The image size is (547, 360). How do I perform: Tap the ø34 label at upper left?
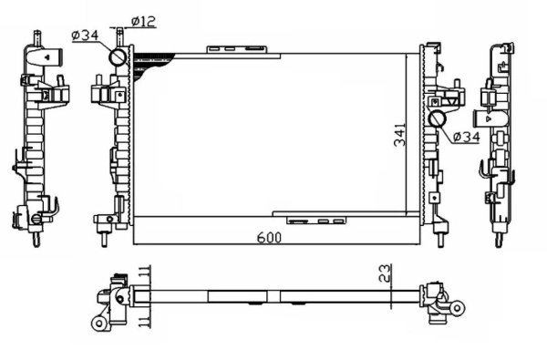tap(85, 36)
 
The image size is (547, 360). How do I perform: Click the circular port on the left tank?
tap(119, 57)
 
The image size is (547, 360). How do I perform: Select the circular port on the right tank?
tap(439, 118)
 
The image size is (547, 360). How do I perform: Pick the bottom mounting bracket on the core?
tap(315, 219)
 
